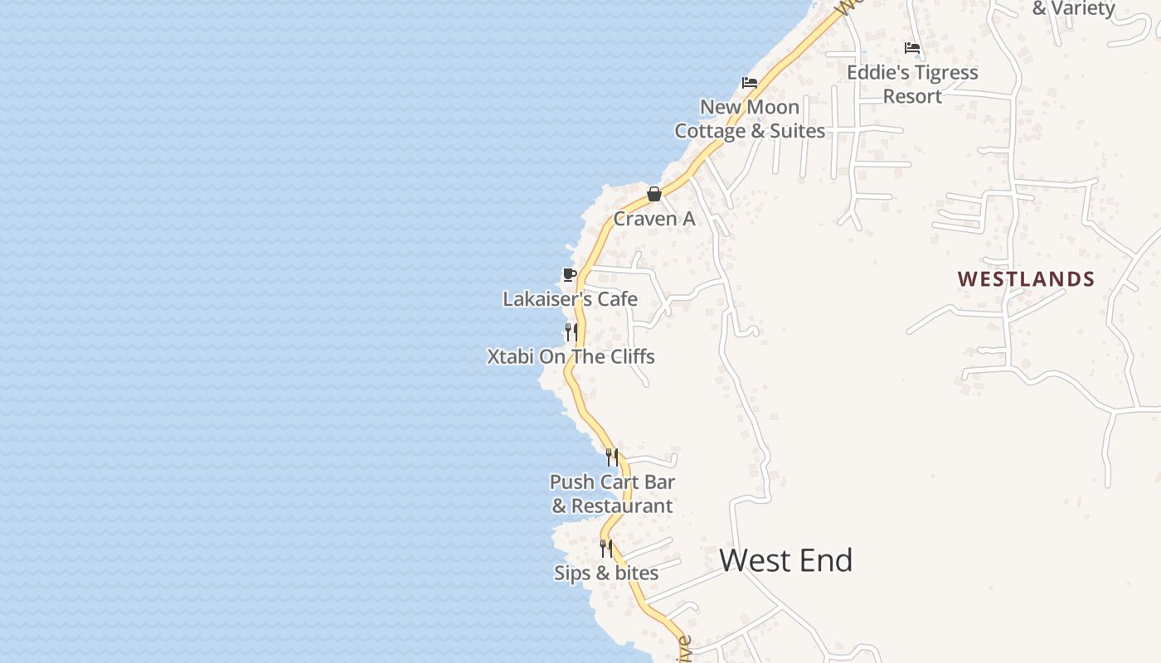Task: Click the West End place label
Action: [785, 561]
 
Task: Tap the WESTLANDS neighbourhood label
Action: [1026, 279]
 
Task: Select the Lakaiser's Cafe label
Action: [570, 299]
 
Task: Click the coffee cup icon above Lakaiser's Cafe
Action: [569, 274]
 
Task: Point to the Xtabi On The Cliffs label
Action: [571, 357]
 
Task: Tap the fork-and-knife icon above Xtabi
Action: [571, 332]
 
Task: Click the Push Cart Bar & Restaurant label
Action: [612, 494]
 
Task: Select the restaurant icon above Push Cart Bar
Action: [611, 457]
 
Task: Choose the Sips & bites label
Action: [606, 573]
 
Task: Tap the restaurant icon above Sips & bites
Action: [606, 548]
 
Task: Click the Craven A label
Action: [653, 220]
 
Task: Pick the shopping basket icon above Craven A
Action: [653, 194]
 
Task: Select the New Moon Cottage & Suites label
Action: [750, 119]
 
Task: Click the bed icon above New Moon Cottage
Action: [750, 82]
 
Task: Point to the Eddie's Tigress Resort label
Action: [912, 85]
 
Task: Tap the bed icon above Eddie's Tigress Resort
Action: [912, 47]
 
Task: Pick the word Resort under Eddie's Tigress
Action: [912, 96]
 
